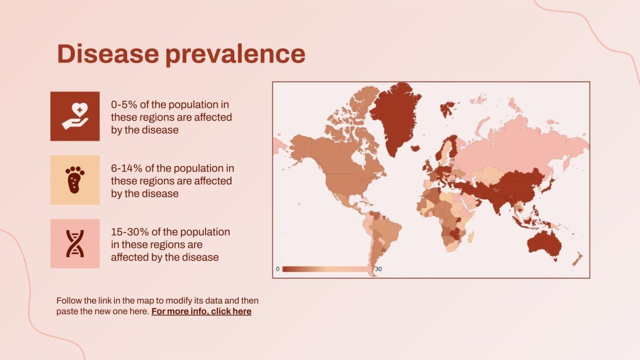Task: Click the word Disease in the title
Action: pyautogui.click(x=108, y=54)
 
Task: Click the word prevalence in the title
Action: pyautogui.click(x=235, y=55)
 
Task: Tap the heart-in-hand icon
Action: pyautogui.click(x=75, y=116)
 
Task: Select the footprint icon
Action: pyautogui.click(x=75, y=180)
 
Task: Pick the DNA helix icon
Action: pyautogui.click(x=75, y=243)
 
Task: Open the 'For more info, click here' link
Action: pyautogui.click(x=201, y=311)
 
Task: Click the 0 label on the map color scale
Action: pyautogui.click(x=277, y=269)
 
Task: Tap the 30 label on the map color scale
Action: pyautogui.click(x=378, y=269)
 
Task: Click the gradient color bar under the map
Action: pyautogui.click(x=328, y=269)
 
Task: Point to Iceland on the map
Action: pyautogui.click(x=415, y=149)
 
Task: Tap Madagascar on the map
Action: pyautogui.click(x=471, y=237)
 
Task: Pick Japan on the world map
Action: pyautogui.click(x=548, y=185)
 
